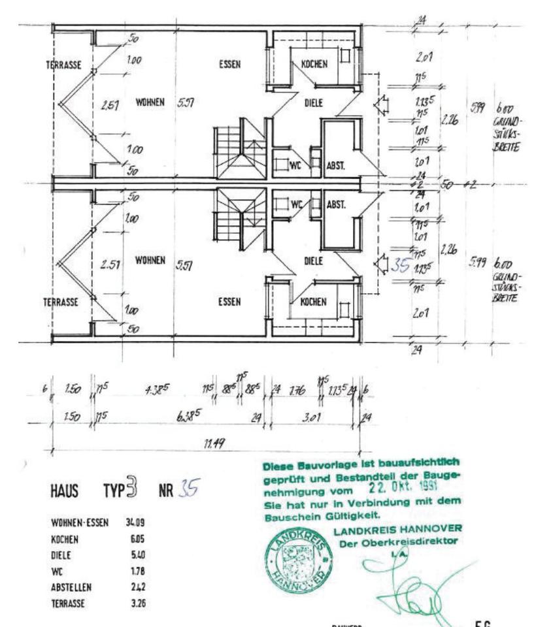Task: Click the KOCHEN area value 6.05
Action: (137, 539)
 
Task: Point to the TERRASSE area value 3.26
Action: (137, 603)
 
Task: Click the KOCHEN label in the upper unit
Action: (314, 64)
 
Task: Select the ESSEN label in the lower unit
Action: (229, 302)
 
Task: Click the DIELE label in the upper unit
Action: (314, 103)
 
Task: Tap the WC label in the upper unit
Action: (298, 166)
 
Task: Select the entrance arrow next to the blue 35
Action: (381, 263)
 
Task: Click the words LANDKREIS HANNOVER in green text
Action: (397, 528)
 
